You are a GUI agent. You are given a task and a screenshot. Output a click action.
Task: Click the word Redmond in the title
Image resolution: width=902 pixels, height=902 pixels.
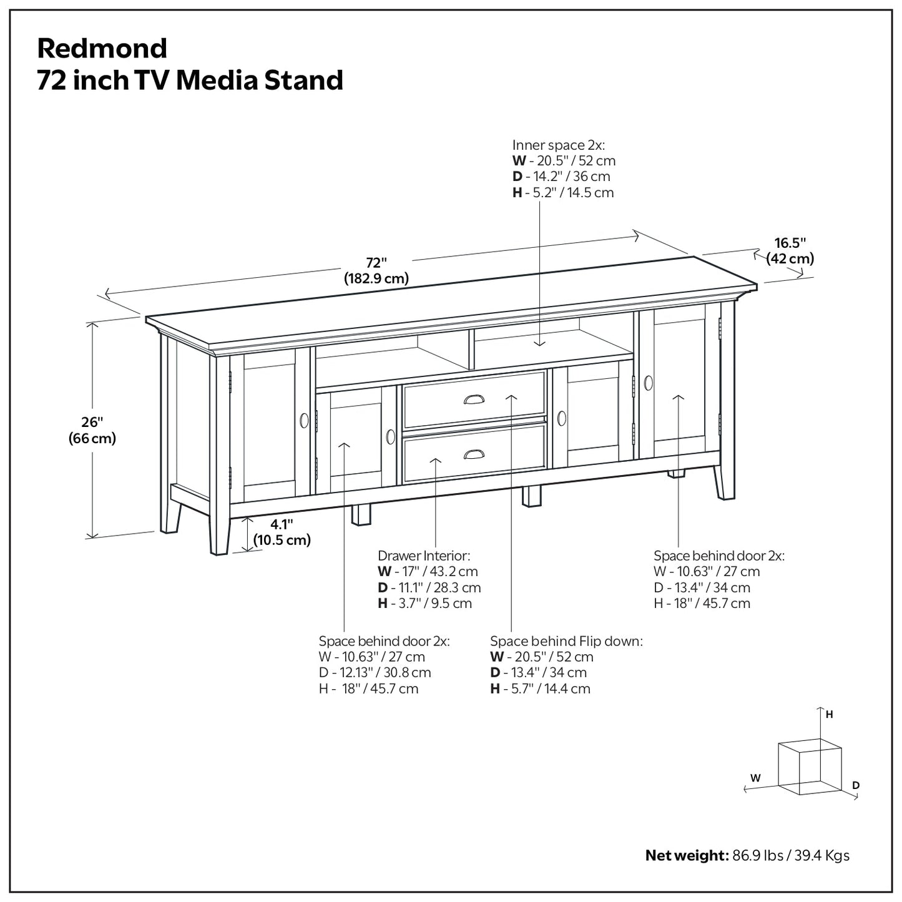[x=102, y=48]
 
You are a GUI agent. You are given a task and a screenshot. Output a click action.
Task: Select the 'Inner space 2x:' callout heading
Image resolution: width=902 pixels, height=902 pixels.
[x=559, y=145]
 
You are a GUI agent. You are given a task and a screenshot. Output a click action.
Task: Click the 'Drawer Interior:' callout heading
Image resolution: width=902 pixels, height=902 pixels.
[x=424, y=556]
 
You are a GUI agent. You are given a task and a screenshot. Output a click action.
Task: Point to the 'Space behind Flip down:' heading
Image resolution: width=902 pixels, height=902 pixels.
[x=566, y=641]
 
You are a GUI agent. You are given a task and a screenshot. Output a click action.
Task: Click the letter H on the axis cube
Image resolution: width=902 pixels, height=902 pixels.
[x=829, y=715]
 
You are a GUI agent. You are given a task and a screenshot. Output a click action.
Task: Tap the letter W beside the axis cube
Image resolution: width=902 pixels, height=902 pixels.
[x=755, y=778]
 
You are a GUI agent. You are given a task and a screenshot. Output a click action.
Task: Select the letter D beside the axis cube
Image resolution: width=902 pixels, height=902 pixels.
[x=856, y=785]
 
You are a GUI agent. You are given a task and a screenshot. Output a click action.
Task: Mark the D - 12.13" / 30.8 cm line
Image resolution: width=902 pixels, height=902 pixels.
[x=375, y=673]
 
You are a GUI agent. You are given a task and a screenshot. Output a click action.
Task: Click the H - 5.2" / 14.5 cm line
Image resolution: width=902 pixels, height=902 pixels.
[x=563, y=193]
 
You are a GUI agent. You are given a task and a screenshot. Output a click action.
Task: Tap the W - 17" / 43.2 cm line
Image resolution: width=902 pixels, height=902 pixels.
[x=428, y=571]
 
